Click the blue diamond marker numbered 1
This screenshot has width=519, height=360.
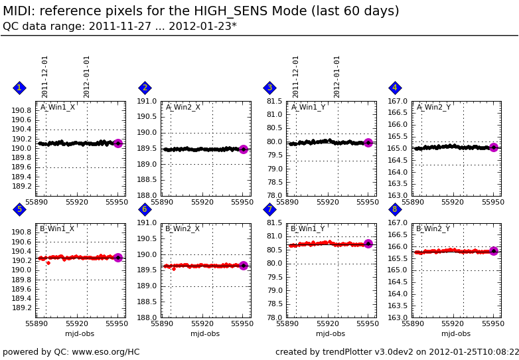[19, 88]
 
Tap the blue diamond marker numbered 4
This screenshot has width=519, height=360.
[395, 88]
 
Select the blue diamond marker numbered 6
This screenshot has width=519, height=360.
[145, 209]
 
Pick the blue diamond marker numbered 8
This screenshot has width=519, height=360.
[395, 209]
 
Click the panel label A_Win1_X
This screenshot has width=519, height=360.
[58, 107]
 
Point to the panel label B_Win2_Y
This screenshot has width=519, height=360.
[433, 229]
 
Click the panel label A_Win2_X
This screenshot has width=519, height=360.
[183, 107]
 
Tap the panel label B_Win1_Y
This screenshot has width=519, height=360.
[308, 229]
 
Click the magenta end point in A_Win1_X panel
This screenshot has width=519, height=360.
[118, 143]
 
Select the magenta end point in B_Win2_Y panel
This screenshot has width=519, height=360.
[494, 251]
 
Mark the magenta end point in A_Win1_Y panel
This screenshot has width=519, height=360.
[368, 143]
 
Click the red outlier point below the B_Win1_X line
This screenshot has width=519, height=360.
[48, 263]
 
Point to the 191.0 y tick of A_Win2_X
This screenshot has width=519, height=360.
[147, 101]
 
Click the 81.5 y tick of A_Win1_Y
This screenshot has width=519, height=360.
[274, 101]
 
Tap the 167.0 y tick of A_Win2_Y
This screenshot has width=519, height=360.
[398, 101]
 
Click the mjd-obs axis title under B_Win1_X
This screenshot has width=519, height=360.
[80, 334]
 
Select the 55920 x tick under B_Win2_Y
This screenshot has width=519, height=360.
[453, 324]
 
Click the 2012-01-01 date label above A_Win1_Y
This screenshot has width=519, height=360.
[337, 76]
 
